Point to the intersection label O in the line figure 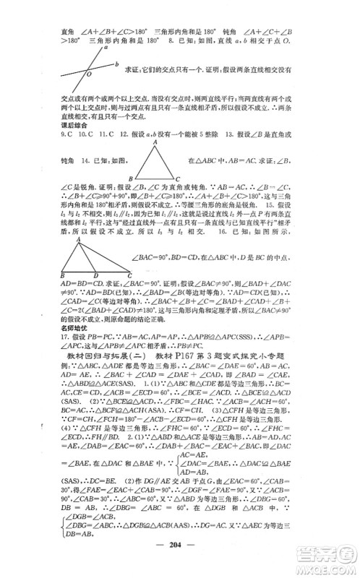pyautogui.click(x=89, y=74)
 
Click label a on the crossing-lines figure pyautogui.click(x=106, y=51)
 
